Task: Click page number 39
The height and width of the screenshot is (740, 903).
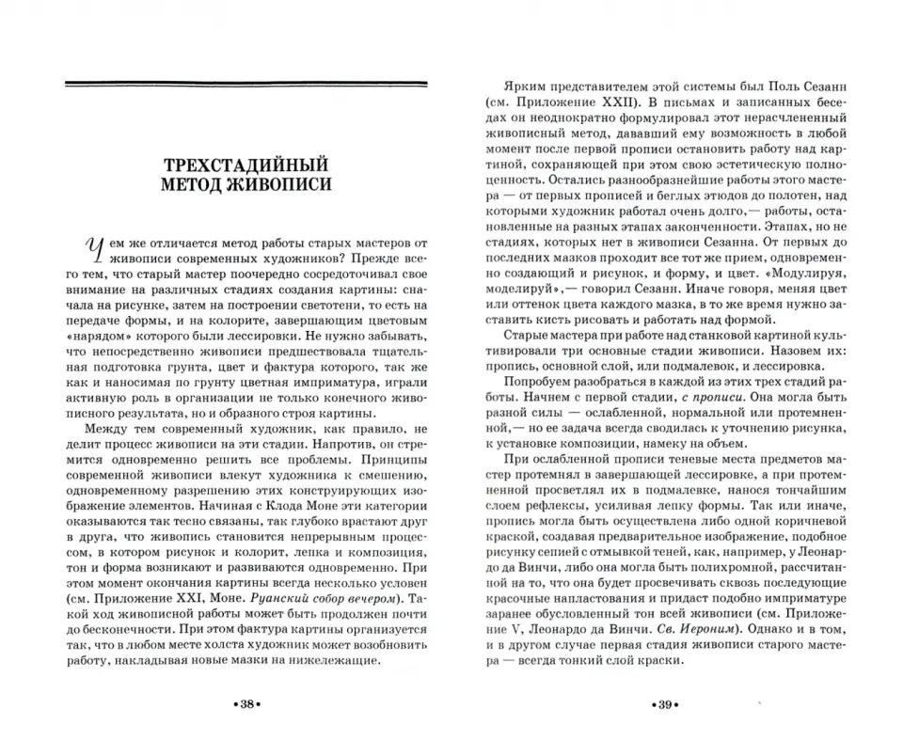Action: click(x=657, y=705)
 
